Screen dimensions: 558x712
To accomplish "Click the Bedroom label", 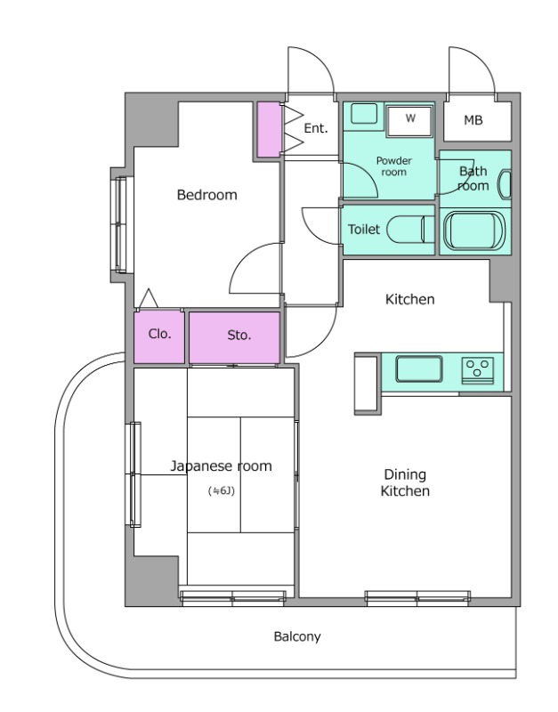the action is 207,195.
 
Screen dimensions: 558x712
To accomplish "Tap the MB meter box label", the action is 473,120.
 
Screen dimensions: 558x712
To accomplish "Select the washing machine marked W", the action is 410,121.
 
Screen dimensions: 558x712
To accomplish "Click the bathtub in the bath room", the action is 474,231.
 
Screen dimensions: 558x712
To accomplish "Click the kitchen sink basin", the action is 418,368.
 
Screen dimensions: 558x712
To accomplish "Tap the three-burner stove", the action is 478,370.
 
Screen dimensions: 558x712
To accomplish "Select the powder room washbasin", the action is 364,114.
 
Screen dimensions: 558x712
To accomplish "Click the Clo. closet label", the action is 160,335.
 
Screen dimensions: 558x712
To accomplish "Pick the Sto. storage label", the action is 239,336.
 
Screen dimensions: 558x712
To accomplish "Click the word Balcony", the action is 297,636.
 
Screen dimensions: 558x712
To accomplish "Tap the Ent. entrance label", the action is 316,128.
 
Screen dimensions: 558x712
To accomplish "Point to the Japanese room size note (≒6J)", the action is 221,491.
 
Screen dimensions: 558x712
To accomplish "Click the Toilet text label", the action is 364,229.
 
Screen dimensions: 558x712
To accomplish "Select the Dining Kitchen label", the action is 405,482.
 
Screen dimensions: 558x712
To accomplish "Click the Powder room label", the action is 393,166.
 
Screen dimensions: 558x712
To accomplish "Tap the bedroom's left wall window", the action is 120,225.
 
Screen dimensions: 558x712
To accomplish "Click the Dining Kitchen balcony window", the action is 417,597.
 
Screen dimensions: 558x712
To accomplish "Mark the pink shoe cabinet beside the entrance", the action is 270,129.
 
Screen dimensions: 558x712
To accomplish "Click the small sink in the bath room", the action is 505,184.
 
